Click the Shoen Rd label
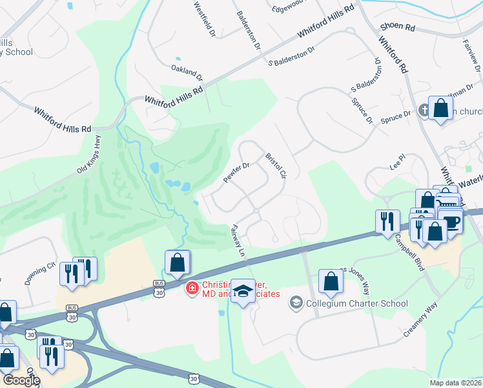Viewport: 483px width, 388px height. [398, 27]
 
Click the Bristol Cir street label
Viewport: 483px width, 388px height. [275, 166]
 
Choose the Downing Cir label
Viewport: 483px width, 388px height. [40, 275]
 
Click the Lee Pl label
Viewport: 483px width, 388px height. [397, 158]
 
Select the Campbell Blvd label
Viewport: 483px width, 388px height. [410, 252]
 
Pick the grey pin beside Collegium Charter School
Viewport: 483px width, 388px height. [296, 302]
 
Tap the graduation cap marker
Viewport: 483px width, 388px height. [243, 291]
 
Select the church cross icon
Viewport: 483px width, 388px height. [424, 110]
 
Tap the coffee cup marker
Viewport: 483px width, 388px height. [451, 221]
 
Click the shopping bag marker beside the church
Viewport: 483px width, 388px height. [441, 108]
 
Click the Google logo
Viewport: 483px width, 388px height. [21, 380]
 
